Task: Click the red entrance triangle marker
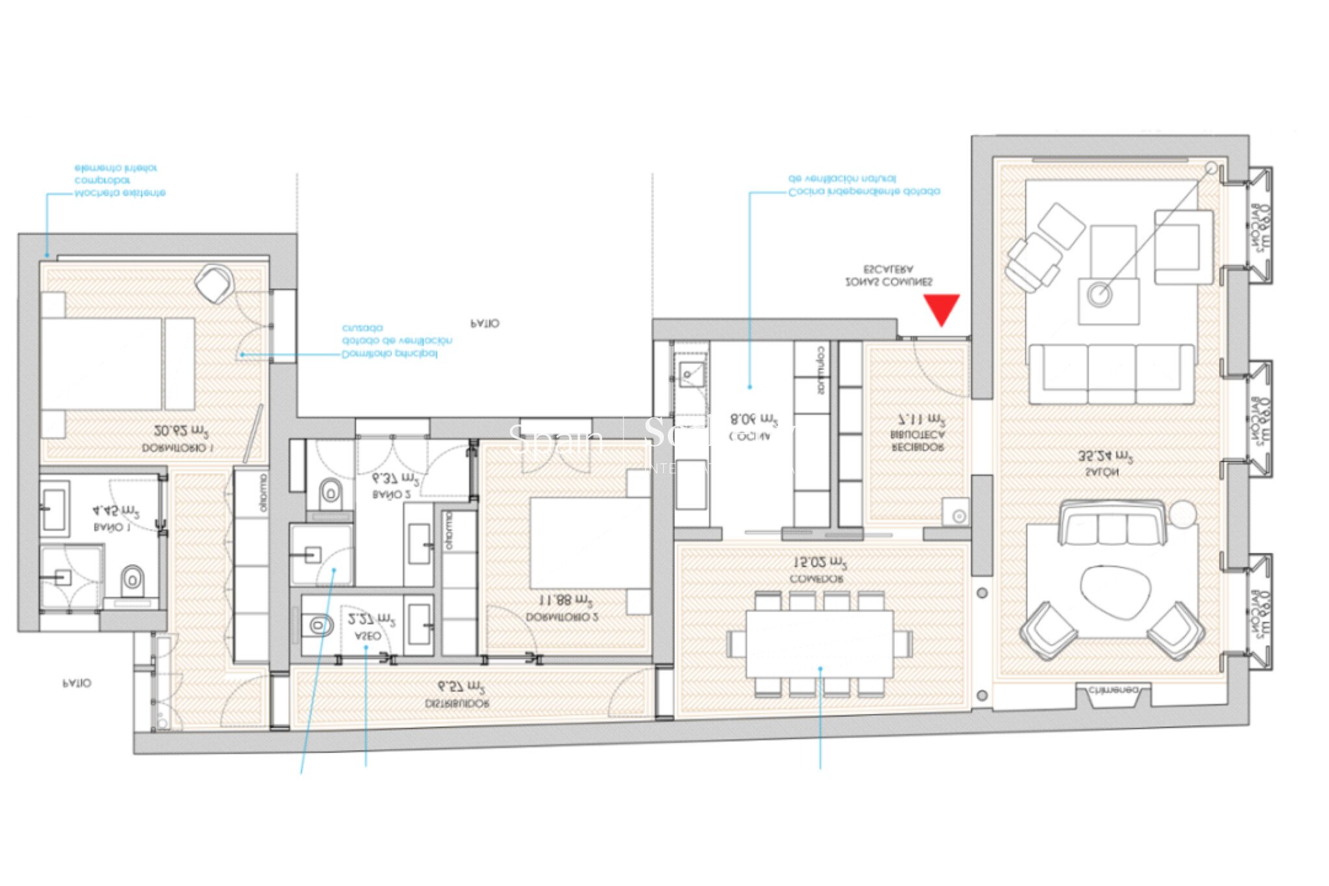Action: (x=942, y=308)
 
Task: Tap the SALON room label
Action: (x=1101, y=473)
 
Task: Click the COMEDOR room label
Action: (x=817, y=578)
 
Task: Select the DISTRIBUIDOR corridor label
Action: (x=457, y=703)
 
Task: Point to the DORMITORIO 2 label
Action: (x=562, y=617)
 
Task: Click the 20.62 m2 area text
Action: (x=182, y=431)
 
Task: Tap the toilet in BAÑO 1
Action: (x=133, y=578)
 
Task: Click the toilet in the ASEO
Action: (x=318, y=625)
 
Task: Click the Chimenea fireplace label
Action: (x=1113, y=690)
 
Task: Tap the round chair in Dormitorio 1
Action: (x=214, y=283)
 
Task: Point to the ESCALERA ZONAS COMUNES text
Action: (x=888, y=276)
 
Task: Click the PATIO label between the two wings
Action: (x=485, y=323)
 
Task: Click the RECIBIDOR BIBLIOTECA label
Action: (x=918, y=441)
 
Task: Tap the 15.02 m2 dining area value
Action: (x=820, y=561)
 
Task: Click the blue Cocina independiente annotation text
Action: (x=863, y=186)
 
